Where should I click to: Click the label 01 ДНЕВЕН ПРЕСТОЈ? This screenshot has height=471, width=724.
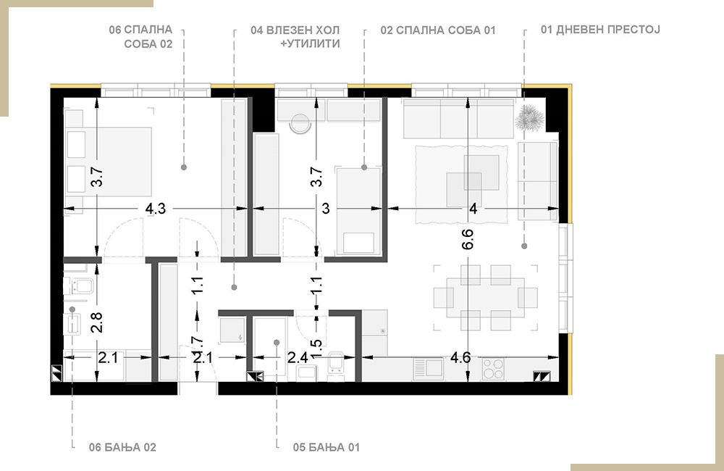(x=600, y=30)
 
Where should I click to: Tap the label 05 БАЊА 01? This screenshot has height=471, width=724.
(x=326, y=447)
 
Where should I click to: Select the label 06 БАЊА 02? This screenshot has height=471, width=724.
(x=122, y=447)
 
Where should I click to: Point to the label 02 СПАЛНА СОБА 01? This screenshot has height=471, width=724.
(x=438, y=30)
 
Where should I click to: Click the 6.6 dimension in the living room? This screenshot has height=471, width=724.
(x=468, y=239)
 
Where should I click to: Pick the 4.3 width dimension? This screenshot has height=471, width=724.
(x=156, y=209)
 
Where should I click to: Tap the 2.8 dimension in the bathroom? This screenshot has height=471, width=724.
(x=96, y=322)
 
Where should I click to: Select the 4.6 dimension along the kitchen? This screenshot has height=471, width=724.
(x=460, y=357)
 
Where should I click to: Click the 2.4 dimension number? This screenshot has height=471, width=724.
(x=297, y=357)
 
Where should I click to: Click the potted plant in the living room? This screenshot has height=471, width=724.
(x=529, y=118)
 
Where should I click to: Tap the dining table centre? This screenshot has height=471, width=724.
(x=485, y=298)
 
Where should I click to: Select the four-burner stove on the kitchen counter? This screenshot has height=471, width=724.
(x=493, y=370)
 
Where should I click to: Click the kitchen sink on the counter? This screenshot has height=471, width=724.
(x=428, y=369)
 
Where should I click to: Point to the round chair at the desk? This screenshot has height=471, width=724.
(x=300, y=124)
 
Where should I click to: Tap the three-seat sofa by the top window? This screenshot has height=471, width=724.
(x=458, y=118)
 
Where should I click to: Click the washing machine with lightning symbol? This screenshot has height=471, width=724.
(x=232, y=330)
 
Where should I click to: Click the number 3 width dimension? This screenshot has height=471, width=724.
(x=326, y=209)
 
